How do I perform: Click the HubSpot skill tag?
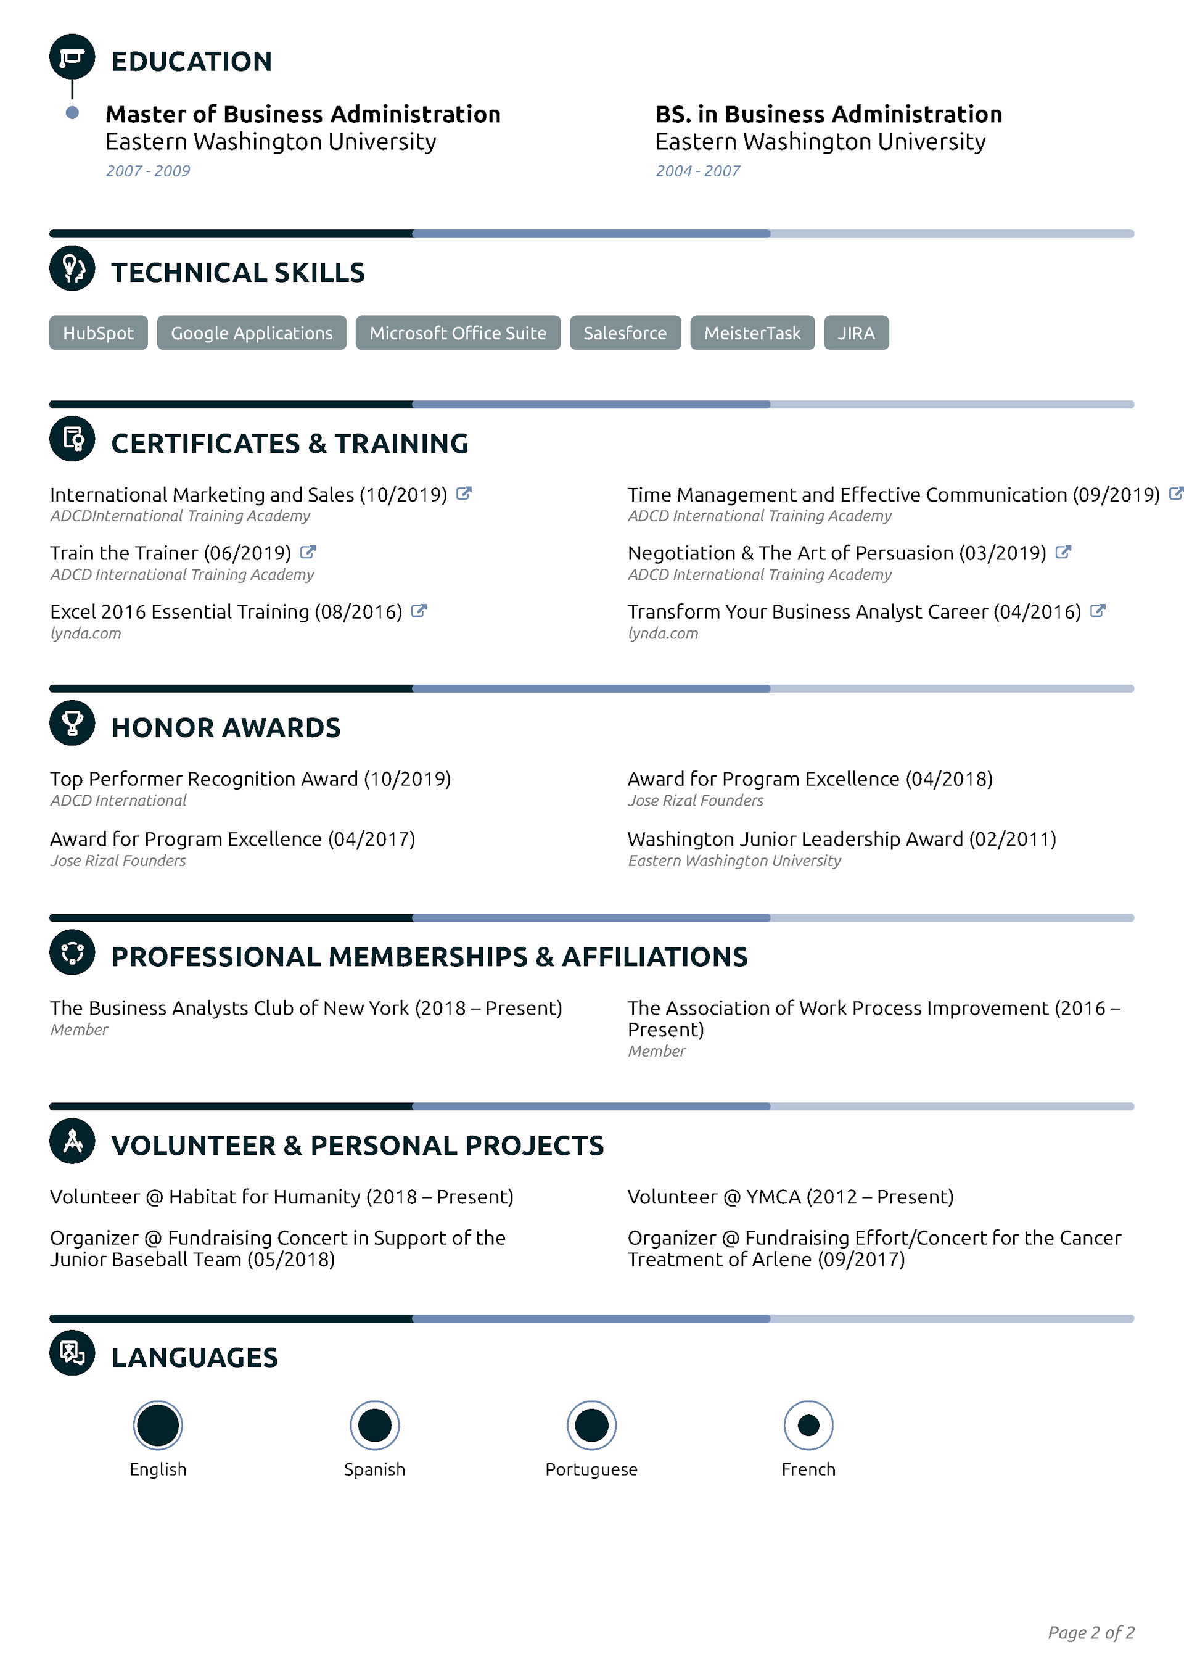[x=99, y=333]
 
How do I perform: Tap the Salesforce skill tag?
[x=625, y=333]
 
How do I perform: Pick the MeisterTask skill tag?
[x=752, y=333]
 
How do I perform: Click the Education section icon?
[x=72, y=57]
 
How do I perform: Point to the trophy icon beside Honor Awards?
[x=72, y=723]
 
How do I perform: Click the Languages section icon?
[x=72, y=1353]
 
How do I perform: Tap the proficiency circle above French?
[x=808, y=1425]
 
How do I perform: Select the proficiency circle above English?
[x=158, y=1425]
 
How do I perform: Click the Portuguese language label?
[x=591, y=1469]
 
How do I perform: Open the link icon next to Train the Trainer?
[x=308, y=552]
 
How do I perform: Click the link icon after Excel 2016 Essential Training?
[x=419, y=610]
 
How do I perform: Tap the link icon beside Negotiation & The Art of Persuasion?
[x=1064, y=552]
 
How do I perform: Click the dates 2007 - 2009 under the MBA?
[x=148, y=171]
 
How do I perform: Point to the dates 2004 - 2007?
[x=698, y=171]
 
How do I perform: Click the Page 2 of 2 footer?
[x=1090, y=1633]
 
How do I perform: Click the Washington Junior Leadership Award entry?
[x=842, y=840]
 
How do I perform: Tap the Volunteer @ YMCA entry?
[x=791, y=1197]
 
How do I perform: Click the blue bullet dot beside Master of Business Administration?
[x=72, y=112]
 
